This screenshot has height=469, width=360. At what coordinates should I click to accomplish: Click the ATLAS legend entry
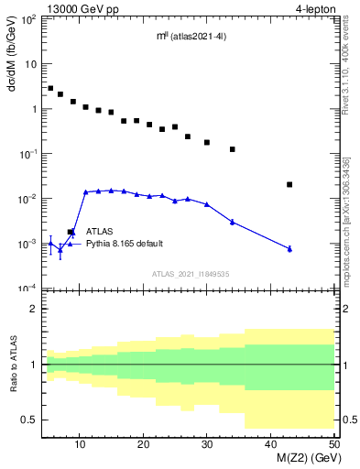(x=100, y=232)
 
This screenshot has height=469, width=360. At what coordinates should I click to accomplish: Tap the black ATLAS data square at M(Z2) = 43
(x=289, y=184)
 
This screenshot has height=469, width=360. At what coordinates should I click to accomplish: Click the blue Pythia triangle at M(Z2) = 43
(x=289, y=248)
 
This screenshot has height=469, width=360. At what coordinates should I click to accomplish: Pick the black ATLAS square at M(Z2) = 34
(x=233, y=149)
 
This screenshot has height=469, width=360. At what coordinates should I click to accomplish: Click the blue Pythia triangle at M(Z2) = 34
(x=233, y=222)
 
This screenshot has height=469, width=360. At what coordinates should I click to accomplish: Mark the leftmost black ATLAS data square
(x=50, y=89)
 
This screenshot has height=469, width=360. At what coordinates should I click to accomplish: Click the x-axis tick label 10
(x=81, y=444)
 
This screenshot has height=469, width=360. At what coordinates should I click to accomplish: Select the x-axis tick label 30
(x=207, y=444)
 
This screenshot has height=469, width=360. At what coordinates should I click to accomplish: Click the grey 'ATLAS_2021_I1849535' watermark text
(x=190, y=273)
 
